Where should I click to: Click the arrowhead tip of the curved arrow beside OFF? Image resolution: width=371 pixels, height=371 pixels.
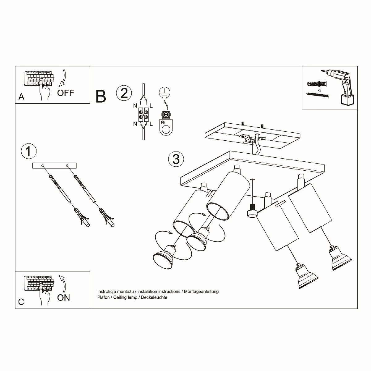point(60,86)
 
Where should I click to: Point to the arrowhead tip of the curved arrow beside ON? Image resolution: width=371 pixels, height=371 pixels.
point(60,276)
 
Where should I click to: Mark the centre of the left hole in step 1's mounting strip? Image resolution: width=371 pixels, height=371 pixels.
point(43,166)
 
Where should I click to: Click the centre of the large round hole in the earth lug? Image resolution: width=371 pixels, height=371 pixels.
point(166,130)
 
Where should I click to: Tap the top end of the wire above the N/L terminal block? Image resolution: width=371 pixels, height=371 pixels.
point(143,84)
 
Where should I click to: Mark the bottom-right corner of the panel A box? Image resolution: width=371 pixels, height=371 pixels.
point(90,103)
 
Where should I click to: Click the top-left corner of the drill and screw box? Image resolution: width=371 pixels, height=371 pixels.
point(302,66)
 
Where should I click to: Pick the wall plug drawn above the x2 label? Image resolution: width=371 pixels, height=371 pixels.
point(317,84)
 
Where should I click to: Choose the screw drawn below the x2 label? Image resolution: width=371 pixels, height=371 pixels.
point(318,95)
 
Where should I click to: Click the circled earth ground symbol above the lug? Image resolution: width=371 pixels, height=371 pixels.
point(164,93)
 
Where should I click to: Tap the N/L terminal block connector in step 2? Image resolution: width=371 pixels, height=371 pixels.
point(143,115)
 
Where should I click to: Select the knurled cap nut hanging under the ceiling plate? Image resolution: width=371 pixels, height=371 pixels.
point(252,211)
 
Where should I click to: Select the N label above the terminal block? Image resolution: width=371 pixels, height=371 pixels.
point(135,106)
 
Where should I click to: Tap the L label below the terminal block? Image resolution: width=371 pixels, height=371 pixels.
point(151,124)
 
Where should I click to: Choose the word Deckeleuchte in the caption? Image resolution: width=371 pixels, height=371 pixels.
point(154,297)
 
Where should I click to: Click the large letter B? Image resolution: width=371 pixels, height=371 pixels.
point(101,96)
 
